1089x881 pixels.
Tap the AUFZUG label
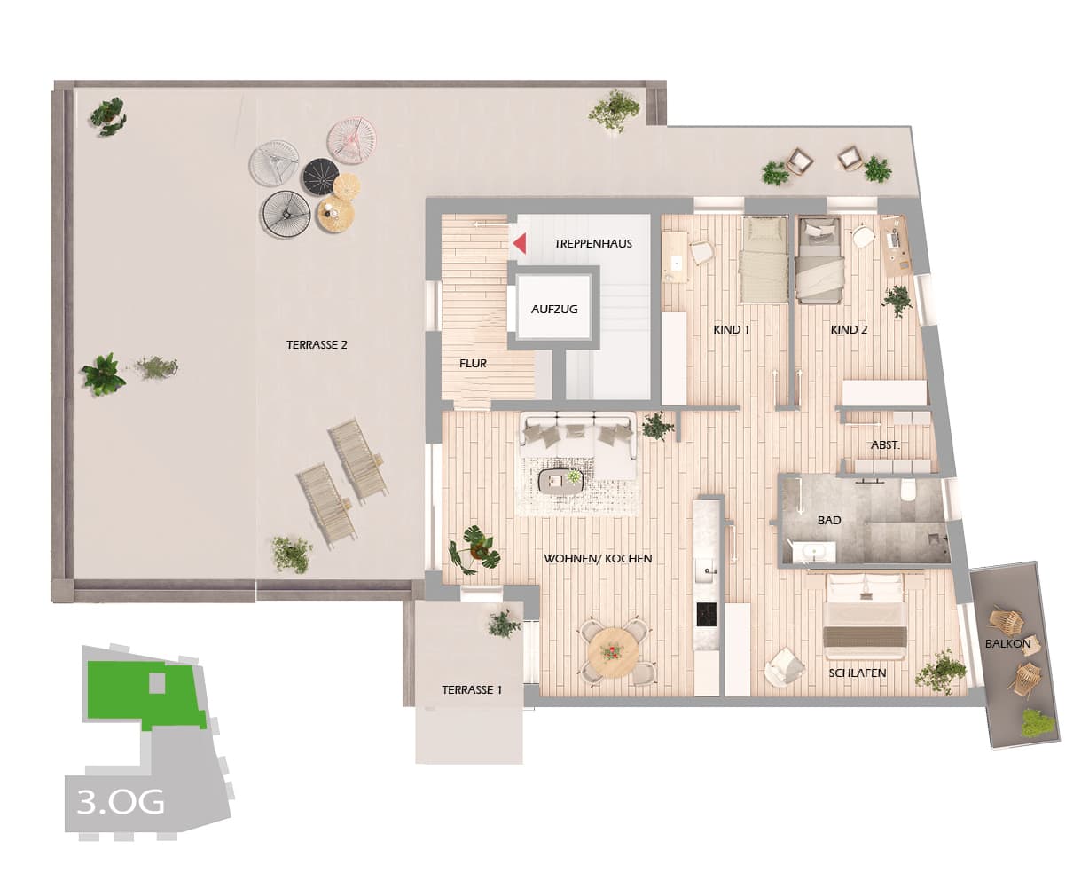pos(554,310)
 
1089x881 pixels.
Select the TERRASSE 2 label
pos(317,344)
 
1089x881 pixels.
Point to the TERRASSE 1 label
pos(472,689)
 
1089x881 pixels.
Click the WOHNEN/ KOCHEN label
pos(598,558)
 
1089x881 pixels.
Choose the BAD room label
pos(829,520)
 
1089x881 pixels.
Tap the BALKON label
pos(1007,643)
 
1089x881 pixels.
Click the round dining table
pos(612,652)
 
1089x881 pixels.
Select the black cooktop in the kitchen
pos(707,614)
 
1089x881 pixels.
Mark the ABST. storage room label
pos(885,444)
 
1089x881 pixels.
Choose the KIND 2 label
pos(849,329)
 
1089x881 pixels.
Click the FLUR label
pos(473,363)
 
